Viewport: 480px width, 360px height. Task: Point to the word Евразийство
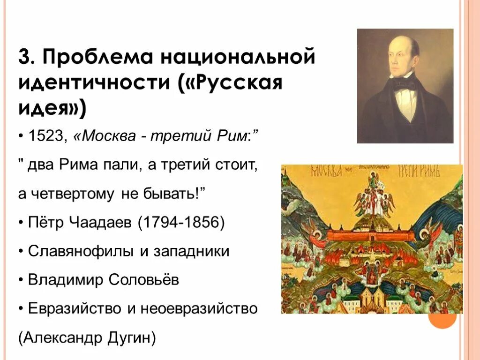(75, 308)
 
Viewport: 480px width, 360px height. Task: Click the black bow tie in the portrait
(404, 85)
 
